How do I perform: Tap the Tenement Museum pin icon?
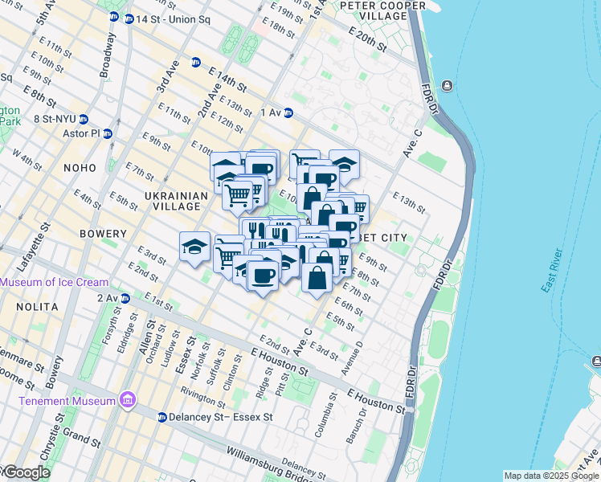point(127,400)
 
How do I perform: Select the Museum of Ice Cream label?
point(55,282)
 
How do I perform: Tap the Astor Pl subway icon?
point(107,133)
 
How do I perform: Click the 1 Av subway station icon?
point(288,113)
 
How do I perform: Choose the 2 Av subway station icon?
point(125,298)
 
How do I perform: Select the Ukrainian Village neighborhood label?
point(173,201)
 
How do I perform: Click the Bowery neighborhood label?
point(104,234)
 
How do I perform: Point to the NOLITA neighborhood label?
point(36,307)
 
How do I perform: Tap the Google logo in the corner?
point(26,472)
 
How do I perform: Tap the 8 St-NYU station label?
point(54,120)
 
